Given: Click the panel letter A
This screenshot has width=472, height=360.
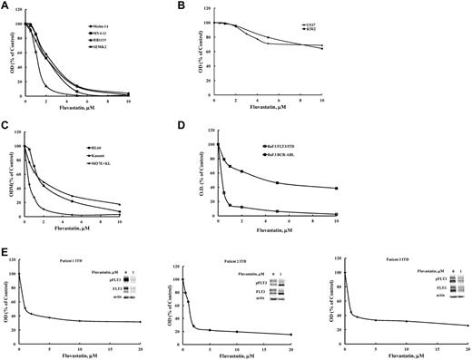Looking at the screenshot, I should click(6, 5).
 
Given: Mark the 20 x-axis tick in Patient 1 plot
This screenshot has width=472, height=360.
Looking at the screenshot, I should click(150, 352).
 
